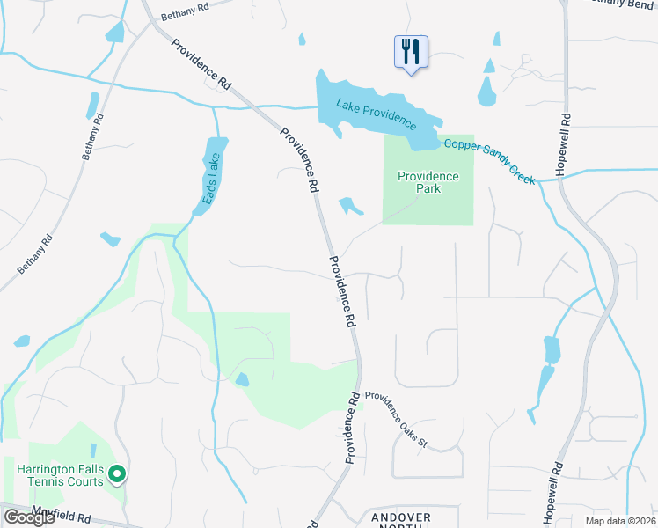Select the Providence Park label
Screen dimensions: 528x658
coord(428,182)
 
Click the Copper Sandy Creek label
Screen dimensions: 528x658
coord(489,161)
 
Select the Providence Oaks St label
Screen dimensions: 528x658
coord(396,419)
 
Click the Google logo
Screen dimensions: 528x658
coord(29,517)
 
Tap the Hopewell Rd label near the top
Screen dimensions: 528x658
coord(562,143)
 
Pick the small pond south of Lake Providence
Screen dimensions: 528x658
coord(350,206)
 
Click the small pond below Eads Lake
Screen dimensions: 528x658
coord(110,238)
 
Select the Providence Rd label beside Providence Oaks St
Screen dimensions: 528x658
coord(353,427)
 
